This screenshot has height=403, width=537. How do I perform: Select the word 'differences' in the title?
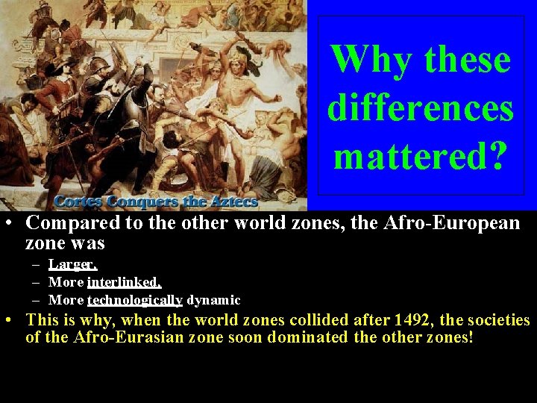[421, 109]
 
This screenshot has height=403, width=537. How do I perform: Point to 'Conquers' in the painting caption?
[145, 201]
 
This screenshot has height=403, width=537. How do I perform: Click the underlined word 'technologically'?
[135, 300]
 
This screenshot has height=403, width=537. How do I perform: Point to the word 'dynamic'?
[213, 300]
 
